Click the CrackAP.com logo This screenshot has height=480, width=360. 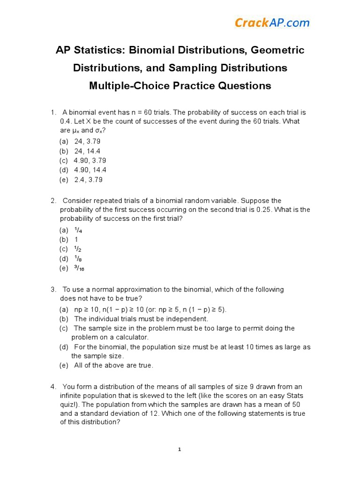click(x=272, y=22)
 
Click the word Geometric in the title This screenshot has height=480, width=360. click(x=278, y=50)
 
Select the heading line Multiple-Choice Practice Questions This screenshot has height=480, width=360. click(x=180, y=86)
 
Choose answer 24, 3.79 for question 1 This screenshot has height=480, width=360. click(x=87, y=141)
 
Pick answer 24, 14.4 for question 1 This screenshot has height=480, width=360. click(x=87, y=151)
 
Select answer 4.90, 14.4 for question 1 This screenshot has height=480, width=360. click(x=90, y=170)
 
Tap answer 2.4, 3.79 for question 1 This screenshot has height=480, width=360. click(x=88, y=180)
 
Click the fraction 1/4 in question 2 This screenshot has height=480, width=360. click(x=78, y=230)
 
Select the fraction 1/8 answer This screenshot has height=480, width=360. click(x=78, y=259)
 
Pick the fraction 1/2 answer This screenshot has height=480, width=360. click(x=78, y=249)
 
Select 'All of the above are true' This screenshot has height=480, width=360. click(x=113, y=365)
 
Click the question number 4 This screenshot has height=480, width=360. click(x=53, y=387)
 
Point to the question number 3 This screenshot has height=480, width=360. click(x=53, y=289)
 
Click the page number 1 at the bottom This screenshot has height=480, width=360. click(x=180, y=450)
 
